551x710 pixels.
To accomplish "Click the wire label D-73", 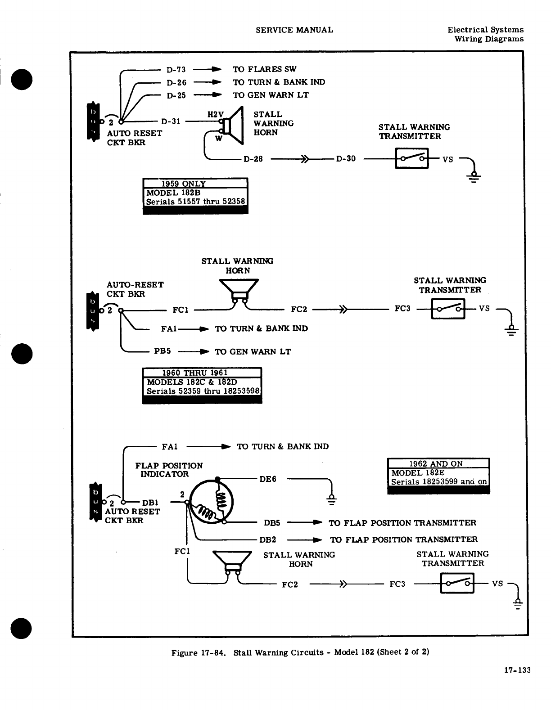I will tap(176, 70).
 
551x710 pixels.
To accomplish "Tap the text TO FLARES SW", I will tap(264, 69).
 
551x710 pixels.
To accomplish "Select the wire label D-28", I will tap(253, 159).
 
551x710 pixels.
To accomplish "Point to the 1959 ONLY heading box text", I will tap(183, 184).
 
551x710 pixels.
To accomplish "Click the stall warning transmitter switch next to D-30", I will tap(411, 159).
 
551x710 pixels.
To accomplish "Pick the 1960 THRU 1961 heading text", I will tap(194, 373).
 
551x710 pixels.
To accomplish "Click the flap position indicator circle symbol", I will tap(212, 502).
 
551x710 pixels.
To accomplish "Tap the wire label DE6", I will tap(267, 479).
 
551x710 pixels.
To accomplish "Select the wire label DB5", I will tap(272, 523).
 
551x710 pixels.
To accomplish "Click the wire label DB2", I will tap(268, 539).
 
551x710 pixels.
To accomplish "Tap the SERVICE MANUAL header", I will tap(294, 30).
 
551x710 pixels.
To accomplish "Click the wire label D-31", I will tap(171, 121).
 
